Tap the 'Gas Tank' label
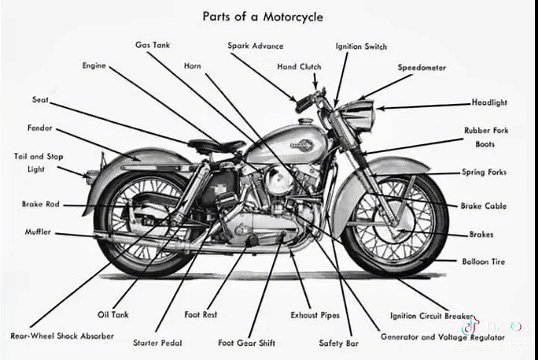click(x=153, y=45)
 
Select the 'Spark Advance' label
click(x=255, y=45)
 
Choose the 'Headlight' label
click(x=489, y=102)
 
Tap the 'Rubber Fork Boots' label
click(x=484, y=137)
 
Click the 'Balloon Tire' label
click(x=484, y=261)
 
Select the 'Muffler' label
click(x=37, y=231)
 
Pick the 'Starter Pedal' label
click(x=158, y=342)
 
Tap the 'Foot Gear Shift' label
click(x=246, y=342)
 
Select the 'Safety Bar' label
click(x=338, y=342)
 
